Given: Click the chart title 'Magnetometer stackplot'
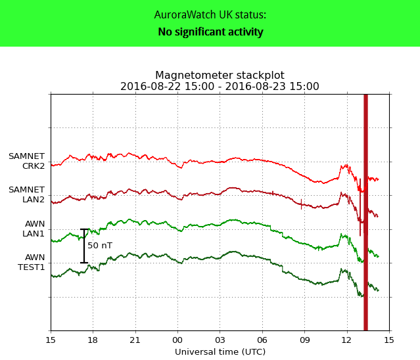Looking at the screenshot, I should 220,76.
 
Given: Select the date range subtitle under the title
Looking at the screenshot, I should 220,87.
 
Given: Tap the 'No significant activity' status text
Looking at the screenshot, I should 210,32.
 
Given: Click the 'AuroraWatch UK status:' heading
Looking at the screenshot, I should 210,15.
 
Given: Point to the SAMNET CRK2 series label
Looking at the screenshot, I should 26,161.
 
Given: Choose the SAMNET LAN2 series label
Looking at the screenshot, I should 26,194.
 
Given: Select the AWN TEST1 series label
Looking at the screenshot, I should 31,262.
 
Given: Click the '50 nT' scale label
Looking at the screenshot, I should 100,246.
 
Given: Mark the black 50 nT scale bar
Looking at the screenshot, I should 84,246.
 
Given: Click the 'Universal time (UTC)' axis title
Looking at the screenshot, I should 220,352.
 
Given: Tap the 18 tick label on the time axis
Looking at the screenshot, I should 93,340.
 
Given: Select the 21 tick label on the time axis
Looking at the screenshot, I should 135,340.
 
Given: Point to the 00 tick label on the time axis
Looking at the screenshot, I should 177,340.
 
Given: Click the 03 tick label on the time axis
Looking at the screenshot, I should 220,340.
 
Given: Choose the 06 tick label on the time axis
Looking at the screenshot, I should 262,340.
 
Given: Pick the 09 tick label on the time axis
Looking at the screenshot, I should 304,340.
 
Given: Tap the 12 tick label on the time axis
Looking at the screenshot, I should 346,340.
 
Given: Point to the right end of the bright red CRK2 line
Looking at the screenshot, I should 377,179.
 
